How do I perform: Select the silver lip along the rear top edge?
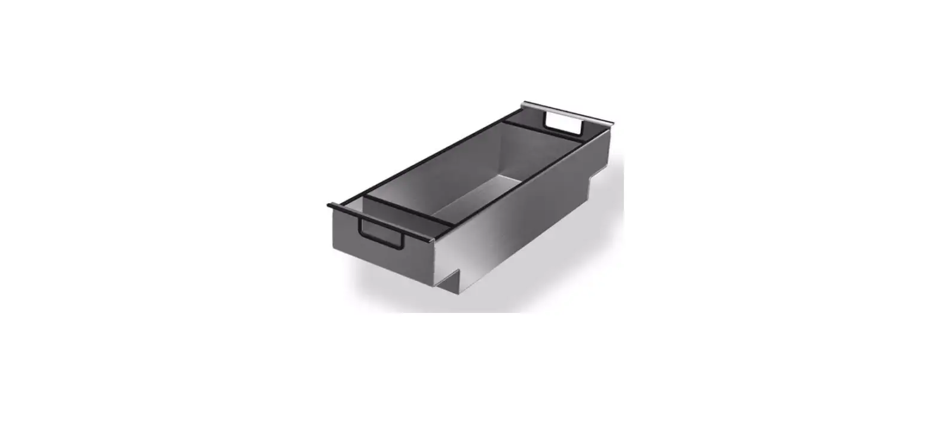tap(568, 113)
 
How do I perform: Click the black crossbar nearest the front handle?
tap(410, 209)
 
